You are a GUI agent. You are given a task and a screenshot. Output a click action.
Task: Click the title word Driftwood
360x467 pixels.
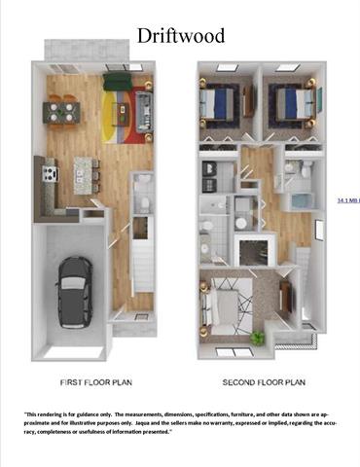180,37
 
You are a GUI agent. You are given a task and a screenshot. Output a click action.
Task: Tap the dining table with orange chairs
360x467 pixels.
60,110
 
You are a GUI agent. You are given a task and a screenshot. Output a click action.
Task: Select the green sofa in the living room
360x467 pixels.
116,77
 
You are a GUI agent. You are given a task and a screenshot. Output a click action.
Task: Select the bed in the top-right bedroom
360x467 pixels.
287,101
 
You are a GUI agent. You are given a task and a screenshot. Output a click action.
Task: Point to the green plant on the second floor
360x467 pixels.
257,337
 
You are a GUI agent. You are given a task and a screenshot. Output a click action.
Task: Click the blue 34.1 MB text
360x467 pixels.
347,199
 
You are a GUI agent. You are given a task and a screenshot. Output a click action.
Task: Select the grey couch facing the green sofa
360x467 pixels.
143,103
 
